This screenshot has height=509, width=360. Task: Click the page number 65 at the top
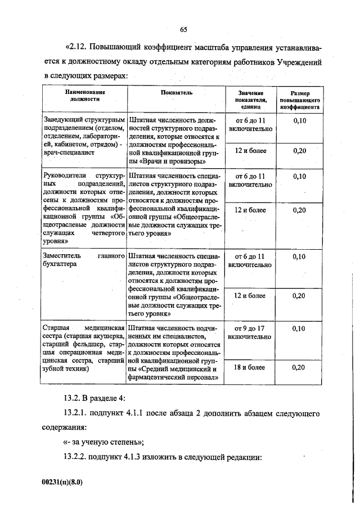coord(183,30)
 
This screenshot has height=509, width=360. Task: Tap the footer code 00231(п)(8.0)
coord(70,482)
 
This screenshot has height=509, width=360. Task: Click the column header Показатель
coord(176,92)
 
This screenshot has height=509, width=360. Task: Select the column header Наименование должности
coord(85,95)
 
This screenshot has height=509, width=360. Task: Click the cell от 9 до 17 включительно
coord(251,332)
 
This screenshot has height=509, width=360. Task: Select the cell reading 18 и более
coord(251,367)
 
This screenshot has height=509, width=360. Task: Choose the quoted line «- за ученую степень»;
coord(103,442)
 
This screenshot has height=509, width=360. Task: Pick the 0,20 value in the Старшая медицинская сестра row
coord(300,367)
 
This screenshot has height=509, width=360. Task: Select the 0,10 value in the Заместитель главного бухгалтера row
coord(300,257)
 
